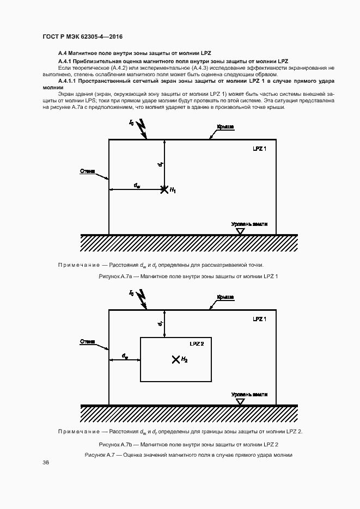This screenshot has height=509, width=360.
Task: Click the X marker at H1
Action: coord(164,189)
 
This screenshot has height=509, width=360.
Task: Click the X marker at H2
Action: coord(175,359)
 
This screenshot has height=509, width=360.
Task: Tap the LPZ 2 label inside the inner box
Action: coord(197,344)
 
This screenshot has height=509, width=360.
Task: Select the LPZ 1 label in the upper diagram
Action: coord(259,149)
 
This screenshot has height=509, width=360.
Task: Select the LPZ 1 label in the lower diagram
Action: coord(259,319)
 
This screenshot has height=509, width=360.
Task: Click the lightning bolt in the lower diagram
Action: coord(142,299)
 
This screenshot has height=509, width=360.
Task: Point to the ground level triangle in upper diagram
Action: coord(240,231)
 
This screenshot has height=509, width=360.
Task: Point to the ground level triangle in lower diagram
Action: coord(240,402)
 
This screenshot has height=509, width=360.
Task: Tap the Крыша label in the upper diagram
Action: coord(225,127)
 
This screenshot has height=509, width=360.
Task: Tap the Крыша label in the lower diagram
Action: coord(225,297)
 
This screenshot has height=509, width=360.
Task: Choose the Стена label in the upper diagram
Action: coord(87,171)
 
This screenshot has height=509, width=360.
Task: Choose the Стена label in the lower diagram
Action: coord(87,341)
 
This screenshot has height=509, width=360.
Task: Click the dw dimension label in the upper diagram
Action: coord(137,185)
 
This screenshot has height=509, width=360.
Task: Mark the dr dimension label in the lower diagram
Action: coord(160,324)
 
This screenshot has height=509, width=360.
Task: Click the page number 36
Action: coord(46,462)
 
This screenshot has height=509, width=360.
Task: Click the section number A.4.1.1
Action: coord(67,81)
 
